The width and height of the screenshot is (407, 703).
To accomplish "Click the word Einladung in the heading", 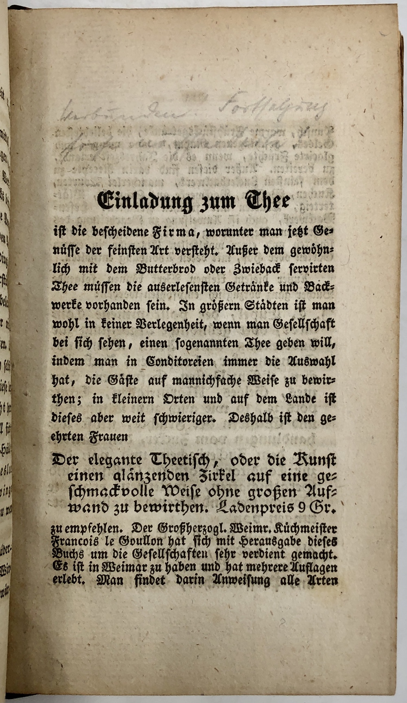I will pyautogui.click(x=145, y=202).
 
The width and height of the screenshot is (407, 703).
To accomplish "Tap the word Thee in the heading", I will pyautogui.click(x=267, y=201).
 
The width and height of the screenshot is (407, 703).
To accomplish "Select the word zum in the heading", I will pyautogui.click(x=218, y=203).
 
